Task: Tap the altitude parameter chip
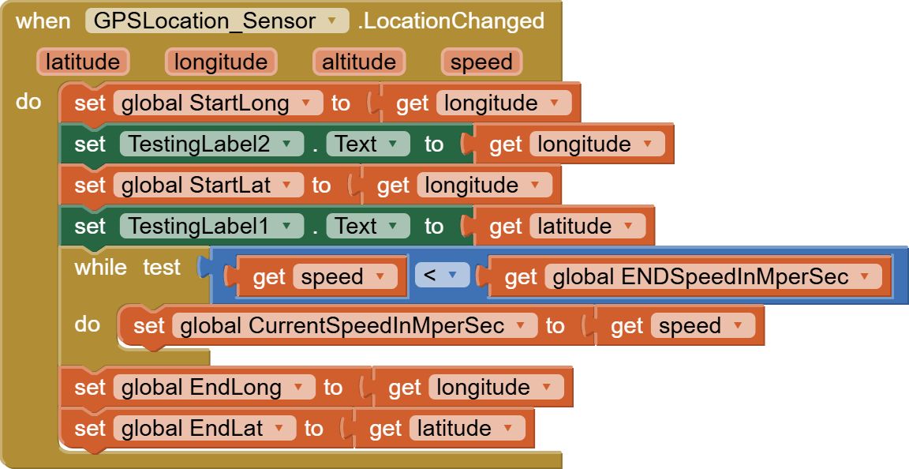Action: pos(359,62)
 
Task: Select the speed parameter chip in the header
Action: pos(481,62)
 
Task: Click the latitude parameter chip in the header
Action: pos(83,62)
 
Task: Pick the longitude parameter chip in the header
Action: pos(221,62)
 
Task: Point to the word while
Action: pos(100,268)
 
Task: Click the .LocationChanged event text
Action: pos(451,21)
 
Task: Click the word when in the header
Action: pos(43,21)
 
